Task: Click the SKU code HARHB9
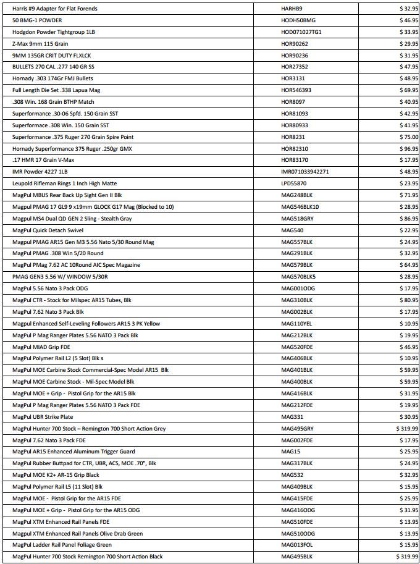(292, 9)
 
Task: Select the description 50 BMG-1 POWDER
(36, 20)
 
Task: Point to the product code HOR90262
(295, 44)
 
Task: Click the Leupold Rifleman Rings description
(64, 183)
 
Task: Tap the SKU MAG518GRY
(297, 219)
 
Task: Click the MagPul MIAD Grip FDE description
(41, 347)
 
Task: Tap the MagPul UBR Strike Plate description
(43, 417)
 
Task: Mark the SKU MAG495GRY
(298, 429)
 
